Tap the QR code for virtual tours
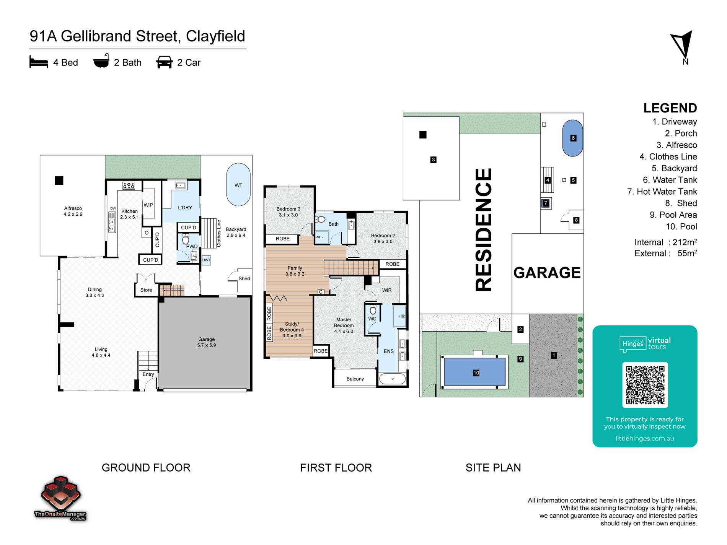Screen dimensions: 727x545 pyautogui.click(x=645, y=385)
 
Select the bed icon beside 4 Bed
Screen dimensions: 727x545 pyautogui.click(x=39, y=62)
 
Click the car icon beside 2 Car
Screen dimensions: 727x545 pyautogui.click(x=165, y=62)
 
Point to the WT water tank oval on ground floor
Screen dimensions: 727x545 pyautogui.click(x=238, y=185)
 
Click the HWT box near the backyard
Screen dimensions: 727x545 pyautogui.click(x=206, y=260)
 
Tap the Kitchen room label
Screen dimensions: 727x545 pyautogui.click(x=129, y=211)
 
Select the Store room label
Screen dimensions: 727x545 pyautogui.click(x=146, y=290)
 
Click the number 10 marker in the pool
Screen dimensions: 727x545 pyautogui.click(x=476, y=373)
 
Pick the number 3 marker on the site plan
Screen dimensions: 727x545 pyautogui.click(x=433, y=160)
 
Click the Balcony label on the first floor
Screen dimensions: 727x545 pyautogui.click(x=355, y=379)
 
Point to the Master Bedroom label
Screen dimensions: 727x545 pyautogui.click(x=344, y=322)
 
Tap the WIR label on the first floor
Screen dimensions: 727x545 pyautogui.click(x=387, y=290)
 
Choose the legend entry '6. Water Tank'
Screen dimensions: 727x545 pyautogui.click(x=670, y=180)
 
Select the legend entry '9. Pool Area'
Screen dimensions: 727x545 pyautogui.click(x=673, y=215)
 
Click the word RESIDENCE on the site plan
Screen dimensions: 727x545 pyautogui.click(x=483, y=230)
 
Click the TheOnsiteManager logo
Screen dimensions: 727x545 pyautogui.click(x=60, y=498)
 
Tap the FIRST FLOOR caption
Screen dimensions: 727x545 pyautogui.click(x=336, y=468)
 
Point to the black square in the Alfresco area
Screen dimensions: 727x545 pyautogui.click(x=59, y=181)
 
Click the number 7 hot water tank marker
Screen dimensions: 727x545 pyautogui.click(x=546, y=203)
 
